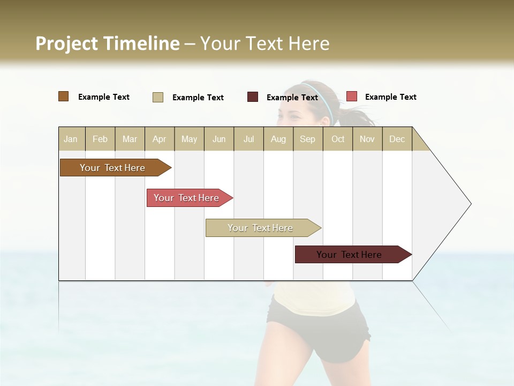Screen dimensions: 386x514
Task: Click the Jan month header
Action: pos(71,139)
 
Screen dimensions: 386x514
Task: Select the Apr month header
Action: pos(160,139)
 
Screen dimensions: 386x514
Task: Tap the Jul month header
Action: pos(248,139)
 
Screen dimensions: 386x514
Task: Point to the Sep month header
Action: pos(307,139)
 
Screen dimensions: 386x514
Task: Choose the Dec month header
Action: pos(397,139)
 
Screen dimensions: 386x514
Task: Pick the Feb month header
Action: pos(100,139)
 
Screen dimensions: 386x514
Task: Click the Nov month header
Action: pos(367,139)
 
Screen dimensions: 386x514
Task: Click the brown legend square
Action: pos(64,96)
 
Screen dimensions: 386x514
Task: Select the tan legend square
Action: pos(158,97)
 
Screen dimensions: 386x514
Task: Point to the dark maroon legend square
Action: pos(253,97)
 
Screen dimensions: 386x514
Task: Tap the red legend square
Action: pos(352,96)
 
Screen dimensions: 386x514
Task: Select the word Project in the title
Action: pos(66,43)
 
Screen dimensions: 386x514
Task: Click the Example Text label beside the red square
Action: pos(390,97)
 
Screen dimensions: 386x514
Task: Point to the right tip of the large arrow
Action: pos(470,204)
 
